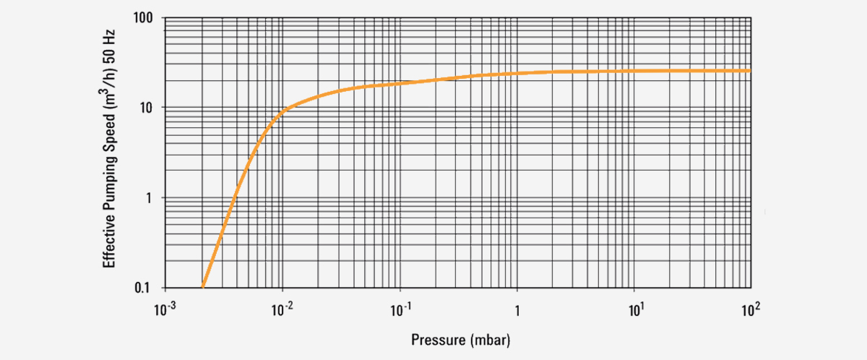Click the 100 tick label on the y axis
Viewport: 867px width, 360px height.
pos(142,17)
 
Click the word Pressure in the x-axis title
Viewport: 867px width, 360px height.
pos(436,339)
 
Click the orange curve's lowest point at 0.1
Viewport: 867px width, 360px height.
pos(203,287)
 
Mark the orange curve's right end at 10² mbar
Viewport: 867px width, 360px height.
pos(750,70)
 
